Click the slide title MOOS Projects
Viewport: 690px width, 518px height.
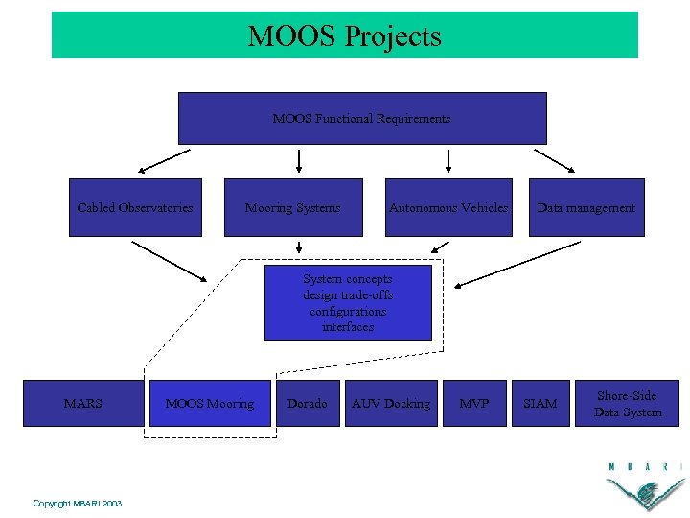point(344,36)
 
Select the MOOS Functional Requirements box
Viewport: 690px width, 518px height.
point(362,118)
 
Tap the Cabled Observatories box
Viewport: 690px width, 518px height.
point(135,207)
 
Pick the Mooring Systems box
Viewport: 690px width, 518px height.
point(293,207)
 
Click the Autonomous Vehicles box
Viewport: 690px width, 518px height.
point(448,207)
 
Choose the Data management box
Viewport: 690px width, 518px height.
point(586,207)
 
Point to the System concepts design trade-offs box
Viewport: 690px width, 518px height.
point(348,302)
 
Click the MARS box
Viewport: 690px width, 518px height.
point(82,404)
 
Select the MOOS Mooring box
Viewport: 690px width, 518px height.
point(210,404)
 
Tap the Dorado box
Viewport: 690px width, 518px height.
point(308,404)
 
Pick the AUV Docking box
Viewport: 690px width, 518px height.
point(391,404)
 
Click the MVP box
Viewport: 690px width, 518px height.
point(474,404)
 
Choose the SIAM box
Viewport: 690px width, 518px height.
point(540,404)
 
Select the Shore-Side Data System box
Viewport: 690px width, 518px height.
point(628,404)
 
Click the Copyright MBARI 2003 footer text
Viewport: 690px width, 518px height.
point(77,503)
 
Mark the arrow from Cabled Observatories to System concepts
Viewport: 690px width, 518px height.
point(169,261)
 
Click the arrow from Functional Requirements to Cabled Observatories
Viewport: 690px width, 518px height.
point(164,160)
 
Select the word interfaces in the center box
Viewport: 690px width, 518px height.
point(348,327)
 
